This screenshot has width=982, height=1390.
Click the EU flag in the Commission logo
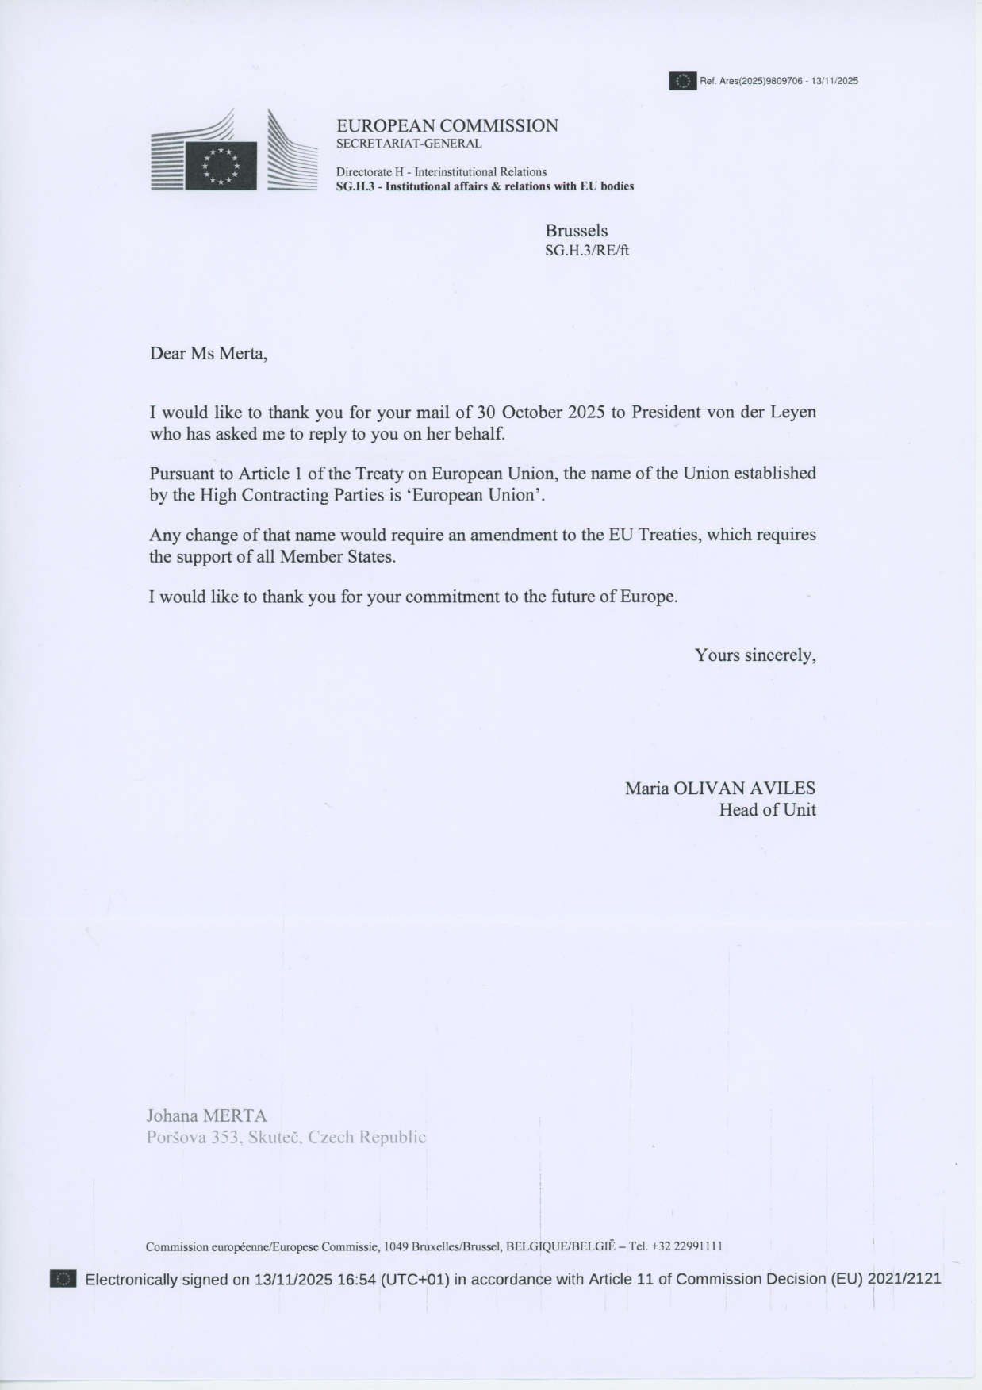(221, 166)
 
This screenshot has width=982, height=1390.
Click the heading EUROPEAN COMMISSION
(447, 125)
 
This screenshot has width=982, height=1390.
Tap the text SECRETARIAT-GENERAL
(409, 144)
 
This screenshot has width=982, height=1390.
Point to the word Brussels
(576, 231)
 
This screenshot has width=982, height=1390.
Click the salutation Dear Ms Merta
(209, 354)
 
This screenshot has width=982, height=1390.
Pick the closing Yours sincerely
(755, 655)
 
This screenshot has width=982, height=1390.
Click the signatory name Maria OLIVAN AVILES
(719, 788)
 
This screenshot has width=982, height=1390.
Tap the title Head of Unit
(767, 810)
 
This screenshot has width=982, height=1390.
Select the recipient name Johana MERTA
(206, 1115)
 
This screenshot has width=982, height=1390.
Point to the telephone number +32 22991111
(685, 1246)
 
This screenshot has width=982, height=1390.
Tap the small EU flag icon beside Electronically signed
(63, 1279)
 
